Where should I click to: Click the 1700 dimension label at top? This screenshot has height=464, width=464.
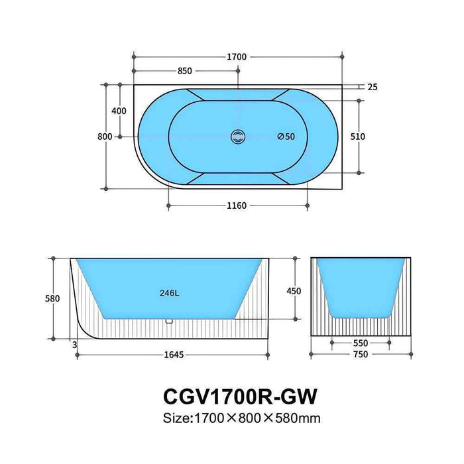click(237, 57)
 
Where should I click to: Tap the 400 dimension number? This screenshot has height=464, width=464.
click(119, 111)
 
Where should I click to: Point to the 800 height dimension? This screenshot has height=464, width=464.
click(104, 137)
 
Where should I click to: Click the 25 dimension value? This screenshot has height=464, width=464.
click(372, 87)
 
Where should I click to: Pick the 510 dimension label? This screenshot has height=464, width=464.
click(358, 137)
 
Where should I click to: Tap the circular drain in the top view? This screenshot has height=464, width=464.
click(237, 137)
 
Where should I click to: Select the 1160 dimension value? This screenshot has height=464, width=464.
click(236, 205)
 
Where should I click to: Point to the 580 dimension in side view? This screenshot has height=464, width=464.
click(53, 299)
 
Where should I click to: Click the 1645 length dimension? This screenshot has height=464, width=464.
click(174, 355)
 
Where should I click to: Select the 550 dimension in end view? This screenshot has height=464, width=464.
click(361, 343)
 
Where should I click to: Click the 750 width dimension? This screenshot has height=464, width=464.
click(361, 355)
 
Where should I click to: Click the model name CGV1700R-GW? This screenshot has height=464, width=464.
click(239, 396)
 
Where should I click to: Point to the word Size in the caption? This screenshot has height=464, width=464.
click(177, 418)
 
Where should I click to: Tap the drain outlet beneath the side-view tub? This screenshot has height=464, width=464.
click(169, 321)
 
